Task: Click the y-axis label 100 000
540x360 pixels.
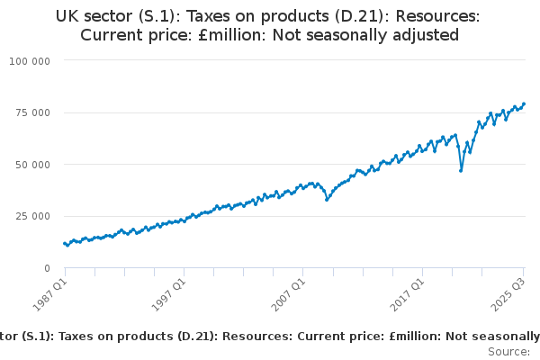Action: pyautogui.click(x=31, y=60)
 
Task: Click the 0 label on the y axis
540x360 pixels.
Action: pyautogui.click(x=46, y=268)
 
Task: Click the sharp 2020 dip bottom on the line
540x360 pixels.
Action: pyautogui.click(x=461, y=170)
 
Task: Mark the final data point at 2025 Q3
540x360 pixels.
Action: pyautogui.click(x=524, y=103)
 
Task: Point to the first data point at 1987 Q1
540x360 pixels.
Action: pyautogui.click(x=64, y=243)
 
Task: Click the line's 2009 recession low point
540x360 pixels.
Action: pyautogui.click(x=327, y=199)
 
